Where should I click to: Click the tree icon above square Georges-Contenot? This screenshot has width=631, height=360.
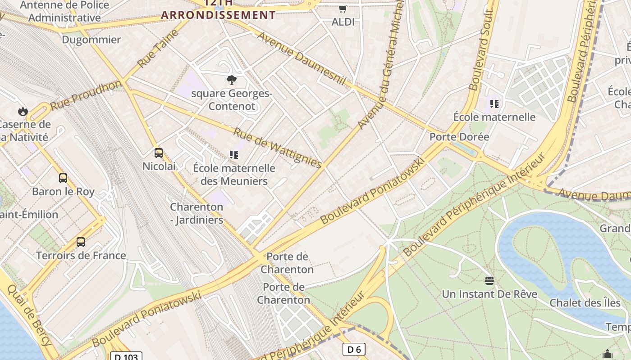232,81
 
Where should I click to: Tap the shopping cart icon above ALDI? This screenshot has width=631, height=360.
343,9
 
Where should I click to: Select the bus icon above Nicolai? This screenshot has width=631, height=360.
159,153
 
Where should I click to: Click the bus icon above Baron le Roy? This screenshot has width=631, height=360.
63,178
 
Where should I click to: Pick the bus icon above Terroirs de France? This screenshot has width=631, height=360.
81,242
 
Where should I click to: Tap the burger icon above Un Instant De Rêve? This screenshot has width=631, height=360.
489,281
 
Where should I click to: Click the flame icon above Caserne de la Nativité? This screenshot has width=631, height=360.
23,111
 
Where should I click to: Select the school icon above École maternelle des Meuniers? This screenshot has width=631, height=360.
233,155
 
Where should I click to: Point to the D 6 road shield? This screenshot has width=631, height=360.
353,349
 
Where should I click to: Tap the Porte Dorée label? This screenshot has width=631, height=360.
459,137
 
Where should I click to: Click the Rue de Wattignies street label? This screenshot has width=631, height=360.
278,148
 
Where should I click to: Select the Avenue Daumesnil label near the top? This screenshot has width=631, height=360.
301,58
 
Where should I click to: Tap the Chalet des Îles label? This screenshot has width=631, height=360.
585,303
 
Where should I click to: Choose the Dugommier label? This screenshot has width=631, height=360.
91,40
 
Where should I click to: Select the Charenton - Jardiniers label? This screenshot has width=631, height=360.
197,213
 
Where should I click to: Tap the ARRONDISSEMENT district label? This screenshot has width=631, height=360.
218,15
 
